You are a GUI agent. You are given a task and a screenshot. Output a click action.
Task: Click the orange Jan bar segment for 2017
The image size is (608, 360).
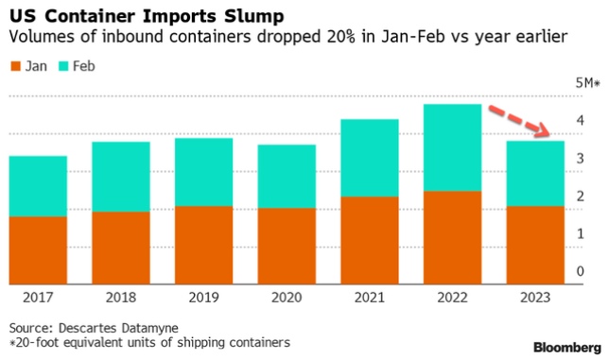(38, 250)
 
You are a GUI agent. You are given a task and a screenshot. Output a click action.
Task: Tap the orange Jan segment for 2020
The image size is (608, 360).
(287, 246)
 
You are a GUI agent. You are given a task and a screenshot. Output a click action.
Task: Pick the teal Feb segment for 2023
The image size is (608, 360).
(535, 173)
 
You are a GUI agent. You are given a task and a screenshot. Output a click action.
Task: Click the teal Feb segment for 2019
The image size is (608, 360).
(203, 172)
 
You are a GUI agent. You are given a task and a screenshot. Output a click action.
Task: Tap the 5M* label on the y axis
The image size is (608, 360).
(587, 84)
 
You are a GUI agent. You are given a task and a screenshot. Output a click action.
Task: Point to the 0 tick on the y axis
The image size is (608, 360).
(580, 272)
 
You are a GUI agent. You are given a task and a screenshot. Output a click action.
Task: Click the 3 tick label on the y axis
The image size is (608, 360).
(580, 160)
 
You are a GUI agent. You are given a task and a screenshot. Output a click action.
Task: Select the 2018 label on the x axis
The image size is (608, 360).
(121, 299)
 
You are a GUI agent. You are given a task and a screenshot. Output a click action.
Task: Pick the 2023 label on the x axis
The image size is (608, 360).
(535, 299)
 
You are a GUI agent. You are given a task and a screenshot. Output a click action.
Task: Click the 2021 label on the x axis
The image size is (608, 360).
(369, 299)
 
